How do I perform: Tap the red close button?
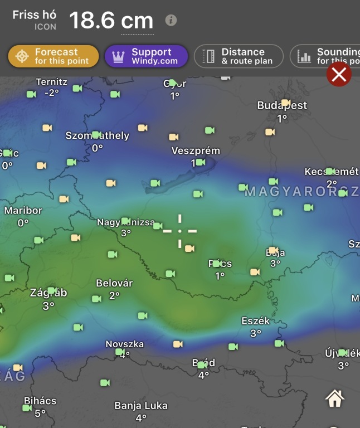(x=339, y=74)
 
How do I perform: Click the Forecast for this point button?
(x=53, y=56)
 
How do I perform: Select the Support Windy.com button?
(x=146, y=56)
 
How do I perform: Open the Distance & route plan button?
(x=239, y=56)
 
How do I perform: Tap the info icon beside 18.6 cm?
(x=171, y=21)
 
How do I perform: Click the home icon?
(x=334, y=398)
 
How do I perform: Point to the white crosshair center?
(x=180, y=231)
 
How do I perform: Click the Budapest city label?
(x=282, y=105)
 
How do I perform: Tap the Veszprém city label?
(x=196, y=151)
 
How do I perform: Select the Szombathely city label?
(x=98, y=136)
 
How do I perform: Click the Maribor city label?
(x=23, y=211)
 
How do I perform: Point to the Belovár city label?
(x=114, y=283)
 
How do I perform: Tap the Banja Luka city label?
(x=141, y=406)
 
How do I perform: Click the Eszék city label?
(x=256, y=321)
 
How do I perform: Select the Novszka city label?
(x=125, y=344)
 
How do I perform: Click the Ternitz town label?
(x=51, y=82)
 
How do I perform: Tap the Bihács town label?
(x=40, y=401)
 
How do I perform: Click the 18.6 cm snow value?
(x=111, y=21)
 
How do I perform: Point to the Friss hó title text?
(x=34, y=15)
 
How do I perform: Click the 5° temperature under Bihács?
(x=40, y=414)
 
